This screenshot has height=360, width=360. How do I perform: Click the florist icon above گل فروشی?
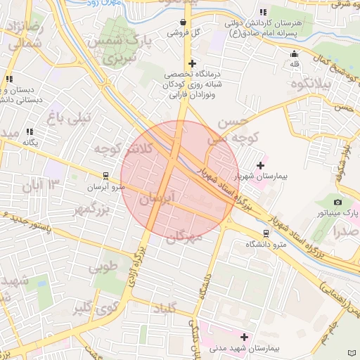point(184,22)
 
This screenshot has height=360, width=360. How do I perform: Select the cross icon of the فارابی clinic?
point(192,63)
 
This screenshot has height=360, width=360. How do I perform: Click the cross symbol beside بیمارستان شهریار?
point(260,165)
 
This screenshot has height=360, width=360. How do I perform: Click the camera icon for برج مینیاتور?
point(337,202)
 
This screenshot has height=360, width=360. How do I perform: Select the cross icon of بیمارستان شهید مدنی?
point(245,337)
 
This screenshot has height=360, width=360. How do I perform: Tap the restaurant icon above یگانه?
point(30,131)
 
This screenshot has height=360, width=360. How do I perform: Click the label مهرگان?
point(184,238)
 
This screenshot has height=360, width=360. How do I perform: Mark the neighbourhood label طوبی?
point(103,267)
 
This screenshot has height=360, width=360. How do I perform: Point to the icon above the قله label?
point(294,54)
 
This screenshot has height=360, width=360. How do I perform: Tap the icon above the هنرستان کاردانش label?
point(262,12)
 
